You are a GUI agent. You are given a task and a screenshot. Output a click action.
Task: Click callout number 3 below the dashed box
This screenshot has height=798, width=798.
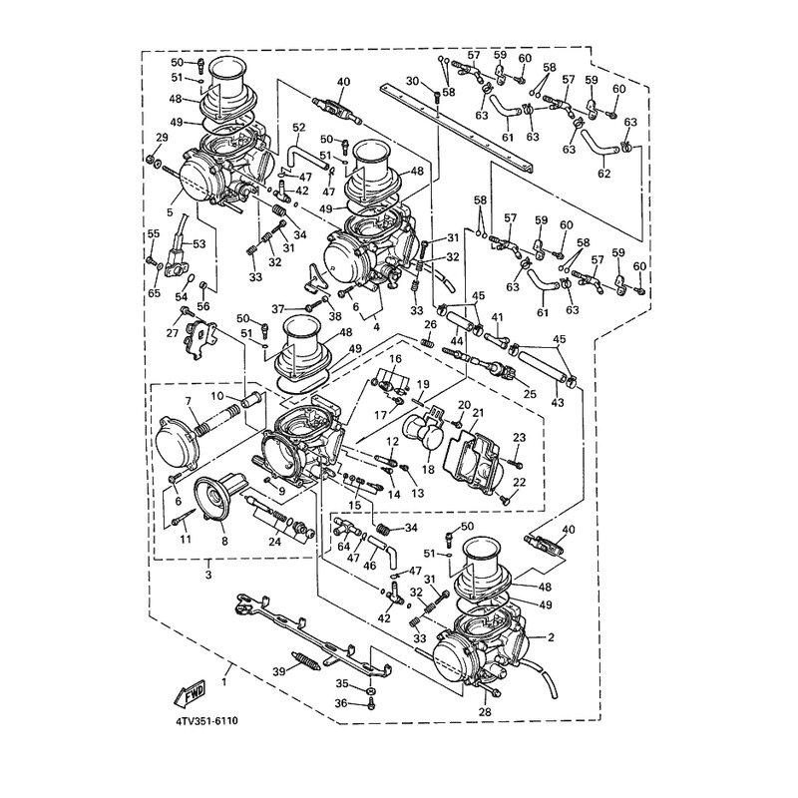tap(208, 575)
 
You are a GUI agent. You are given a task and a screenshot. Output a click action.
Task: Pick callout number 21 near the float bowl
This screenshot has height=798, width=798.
tap(478, 413)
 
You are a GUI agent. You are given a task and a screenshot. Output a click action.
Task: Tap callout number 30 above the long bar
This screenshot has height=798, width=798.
tap(412, 81)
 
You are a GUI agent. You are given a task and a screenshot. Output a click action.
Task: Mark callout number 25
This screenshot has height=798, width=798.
tap(530, 394)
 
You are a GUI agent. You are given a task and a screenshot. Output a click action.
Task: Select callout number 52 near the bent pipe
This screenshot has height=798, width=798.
tap(298, 127)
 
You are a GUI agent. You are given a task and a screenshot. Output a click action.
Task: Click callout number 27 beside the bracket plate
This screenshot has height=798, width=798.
tap(173, 333)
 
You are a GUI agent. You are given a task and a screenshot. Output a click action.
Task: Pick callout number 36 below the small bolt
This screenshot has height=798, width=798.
tap(340, 704)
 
